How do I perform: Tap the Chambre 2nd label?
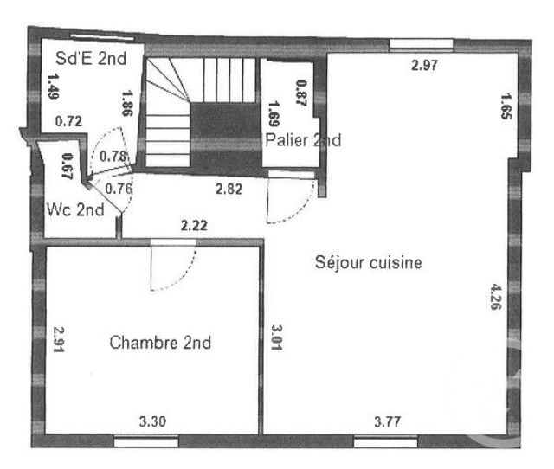click(x=161, y=343)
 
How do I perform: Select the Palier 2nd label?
click(x=303, y=139)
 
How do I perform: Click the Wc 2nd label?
click(x=75, y=209)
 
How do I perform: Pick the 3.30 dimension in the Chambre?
click(x=153, y=422)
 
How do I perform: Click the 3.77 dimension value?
click(x=387, y=422)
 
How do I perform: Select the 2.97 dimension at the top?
click(x=424, y=65)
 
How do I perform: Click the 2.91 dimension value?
click(x=59, y=340)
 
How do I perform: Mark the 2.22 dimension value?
click(x=194, y=225)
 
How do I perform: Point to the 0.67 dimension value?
click(x=67, y=165)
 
